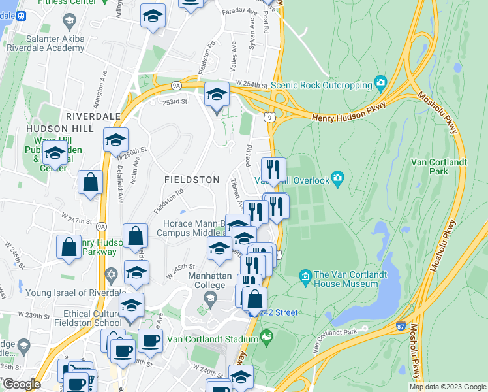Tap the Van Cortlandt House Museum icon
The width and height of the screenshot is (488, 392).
coord(305,276)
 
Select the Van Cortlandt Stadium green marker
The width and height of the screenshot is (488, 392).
coord(266,338)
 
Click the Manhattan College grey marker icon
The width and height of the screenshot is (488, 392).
coord(209,299)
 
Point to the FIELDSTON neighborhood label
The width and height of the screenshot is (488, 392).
coord(192,178)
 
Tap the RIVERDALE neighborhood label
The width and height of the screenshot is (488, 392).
coord(93,116)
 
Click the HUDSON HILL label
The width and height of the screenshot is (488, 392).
coord(60,129)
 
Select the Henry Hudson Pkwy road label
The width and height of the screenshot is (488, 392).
coord(349,111)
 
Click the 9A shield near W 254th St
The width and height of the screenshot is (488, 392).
coord(176,85)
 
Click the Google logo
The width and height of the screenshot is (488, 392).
coord(22,384)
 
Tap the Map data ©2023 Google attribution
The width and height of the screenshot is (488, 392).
coord(447,387)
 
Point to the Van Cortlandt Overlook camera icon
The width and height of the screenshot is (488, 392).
coord(337,178)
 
